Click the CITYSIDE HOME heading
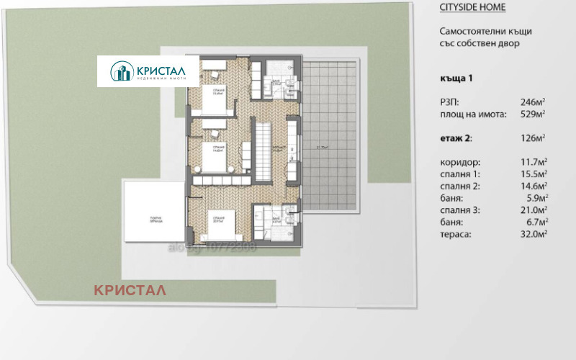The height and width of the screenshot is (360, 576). click(x=472, y=7)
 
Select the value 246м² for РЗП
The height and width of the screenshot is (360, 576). click(x=532, y=102)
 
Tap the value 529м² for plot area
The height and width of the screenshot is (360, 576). click(x=532, y=114)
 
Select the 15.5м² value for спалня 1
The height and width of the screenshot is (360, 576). click(x=534, y=174)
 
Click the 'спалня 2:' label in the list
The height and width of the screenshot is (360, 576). click(x=459, y=185)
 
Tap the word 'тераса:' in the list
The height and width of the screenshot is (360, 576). click(x=454, y=233)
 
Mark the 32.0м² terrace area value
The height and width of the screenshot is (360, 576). click(x=534, y=233)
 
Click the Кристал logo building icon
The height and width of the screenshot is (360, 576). click(x=120, y=71)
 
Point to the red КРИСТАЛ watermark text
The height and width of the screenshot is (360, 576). click(x=130, y=290)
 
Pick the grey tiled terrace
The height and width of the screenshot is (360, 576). click(x=333, y=137)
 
